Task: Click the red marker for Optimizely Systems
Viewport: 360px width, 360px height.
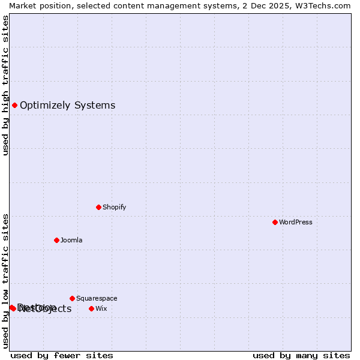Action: point(14,106)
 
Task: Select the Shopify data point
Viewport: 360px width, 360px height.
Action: point(98,207)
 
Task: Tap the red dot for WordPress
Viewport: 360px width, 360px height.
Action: point(275,222)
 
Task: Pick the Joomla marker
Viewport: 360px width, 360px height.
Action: point(56,240)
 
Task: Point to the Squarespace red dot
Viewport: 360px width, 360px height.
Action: point(72,298)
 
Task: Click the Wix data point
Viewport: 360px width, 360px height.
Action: point(91,308)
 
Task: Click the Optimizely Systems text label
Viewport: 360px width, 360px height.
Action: point(67,106)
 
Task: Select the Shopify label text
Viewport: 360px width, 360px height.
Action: point(114,207)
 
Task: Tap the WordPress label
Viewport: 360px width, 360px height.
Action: point(296,222)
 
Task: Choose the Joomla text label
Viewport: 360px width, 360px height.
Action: point(71,240)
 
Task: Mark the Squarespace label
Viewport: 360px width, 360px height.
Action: point(97,298)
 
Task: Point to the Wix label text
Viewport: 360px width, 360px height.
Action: point(101,308)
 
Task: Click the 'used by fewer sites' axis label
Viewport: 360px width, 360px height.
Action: point(62,355)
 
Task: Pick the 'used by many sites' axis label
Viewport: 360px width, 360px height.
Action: point(301,355)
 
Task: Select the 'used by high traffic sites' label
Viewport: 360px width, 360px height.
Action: point(5,85)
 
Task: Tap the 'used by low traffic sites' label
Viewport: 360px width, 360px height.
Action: point(5,281)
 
